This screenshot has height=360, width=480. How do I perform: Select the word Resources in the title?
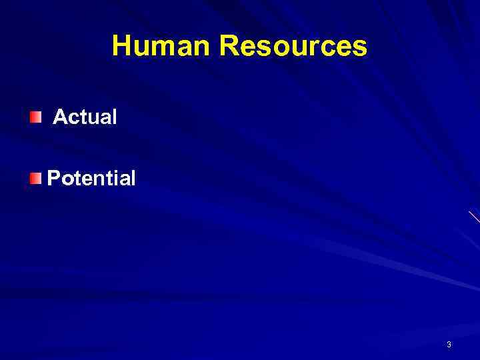tap(293, 46)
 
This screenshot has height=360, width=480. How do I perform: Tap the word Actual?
tap(85, 117)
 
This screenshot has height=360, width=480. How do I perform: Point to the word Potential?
tap(91, 178)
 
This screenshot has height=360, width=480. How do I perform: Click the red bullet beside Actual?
tap(35, 118)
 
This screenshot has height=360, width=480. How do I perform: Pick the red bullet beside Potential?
tap(35, 178)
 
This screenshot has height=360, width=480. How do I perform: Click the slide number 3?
tap(449, 345)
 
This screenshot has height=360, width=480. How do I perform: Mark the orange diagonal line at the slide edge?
tap(474, 217)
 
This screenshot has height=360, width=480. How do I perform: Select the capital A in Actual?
tap(60, 117)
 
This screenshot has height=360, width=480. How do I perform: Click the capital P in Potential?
tap(53, 178)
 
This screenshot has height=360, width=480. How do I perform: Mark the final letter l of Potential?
tap(133, 178)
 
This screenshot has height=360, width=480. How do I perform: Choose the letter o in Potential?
tap(65, 179)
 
